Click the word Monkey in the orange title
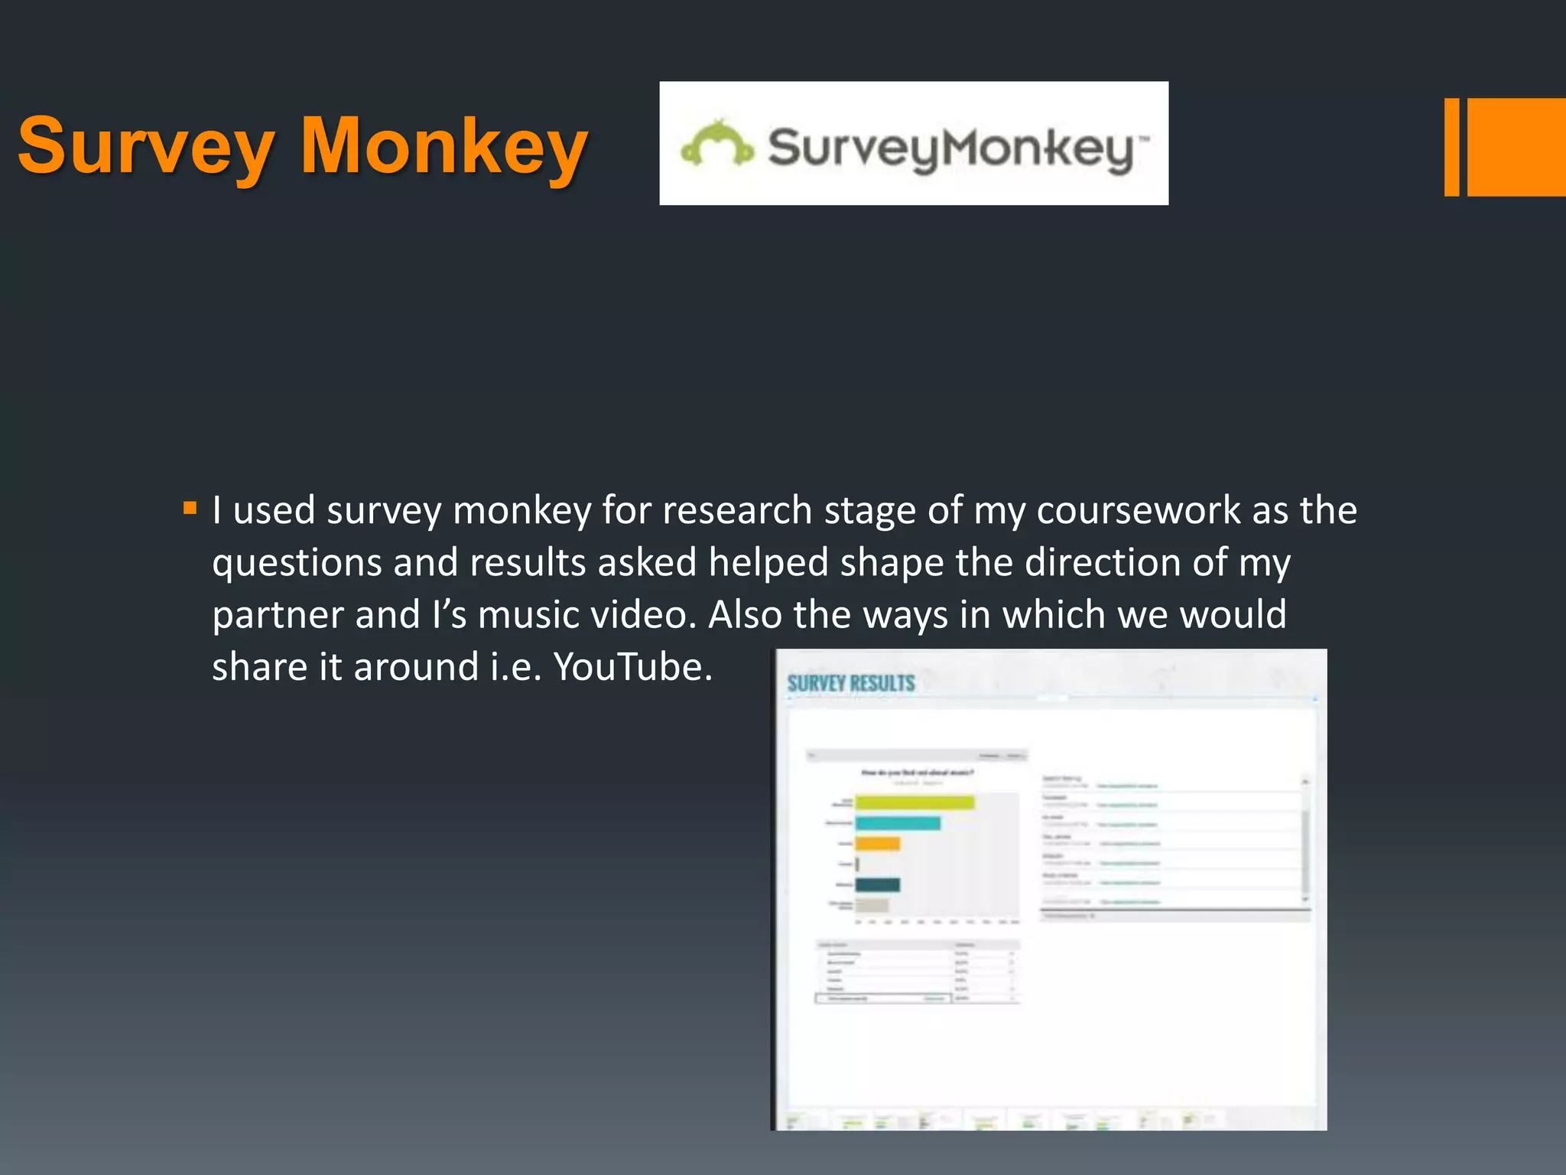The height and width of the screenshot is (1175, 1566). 443,147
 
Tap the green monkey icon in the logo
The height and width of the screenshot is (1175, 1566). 716,144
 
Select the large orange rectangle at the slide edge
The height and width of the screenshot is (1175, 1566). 1516,147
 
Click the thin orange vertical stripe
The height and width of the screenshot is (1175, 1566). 1451,147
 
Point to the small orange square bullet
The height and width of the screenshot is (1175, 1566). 190,508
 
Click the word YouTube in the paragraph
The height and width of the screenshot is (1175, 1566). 632,667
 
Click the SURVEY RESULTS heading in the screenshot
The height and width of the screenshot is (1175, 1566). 850,683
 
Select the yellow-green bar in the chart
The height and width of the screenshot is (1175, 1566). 915,802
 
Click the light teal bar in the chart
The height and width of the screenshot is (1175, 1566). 898,823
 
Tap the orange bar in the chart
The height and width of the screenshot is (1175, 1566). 877,844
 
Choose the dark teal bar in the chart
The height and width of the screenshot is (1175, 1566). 877,885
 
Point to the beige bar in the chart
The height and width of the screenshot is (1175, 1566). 872,906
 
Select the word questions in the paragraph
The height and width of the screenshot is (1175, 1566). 297,564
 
